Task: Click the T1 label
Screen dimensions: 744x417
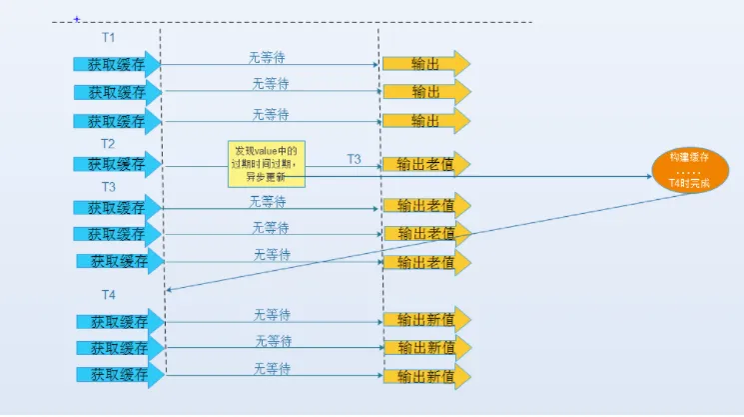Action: tap(108, 38)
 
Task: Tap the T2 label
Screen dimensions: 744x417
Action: tap(108, 144)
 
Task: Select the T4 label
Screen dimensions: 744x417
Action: tap(108, 295)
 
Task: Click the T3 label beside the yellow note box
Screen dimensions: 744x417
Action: tap(354, 159)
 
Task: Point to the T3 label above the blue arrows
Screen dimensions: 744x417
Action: tap(108, 187)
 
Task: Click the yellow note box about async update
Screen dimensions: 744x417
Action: tap(267, 164)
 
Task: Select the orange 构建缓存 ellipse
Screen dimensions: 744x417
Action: tap(690, 170)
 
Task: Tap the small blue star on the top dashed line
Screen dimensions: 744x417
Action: tap(77, 19)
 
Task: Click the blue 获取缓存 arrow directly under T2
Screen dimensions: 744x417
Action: tap(117, 164)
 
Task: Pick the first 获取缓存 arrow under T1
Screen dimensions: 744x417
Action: tap(117, 64)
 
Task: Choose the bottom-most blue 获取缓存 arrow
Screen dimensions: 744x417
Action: tap(121, 375)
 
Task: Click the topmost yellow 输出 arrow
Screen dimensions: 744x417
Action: tap(426, 64)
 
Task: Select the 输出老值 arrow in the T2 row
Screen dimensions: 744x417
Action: tap(426, 164)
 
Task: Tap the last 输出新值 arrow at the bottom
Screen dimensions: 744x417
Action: tap(427, 377)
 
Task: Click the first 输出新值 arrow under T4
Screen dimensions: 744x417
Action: tap(427, 320)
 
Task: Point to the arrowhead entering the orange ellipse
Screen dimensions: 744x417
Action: tap(649, 176)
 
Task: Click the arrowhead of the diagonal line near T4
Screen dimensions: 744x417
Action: tap(169, 289)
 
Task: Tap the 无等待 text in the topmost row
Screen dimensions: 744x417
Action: tap(267, 57)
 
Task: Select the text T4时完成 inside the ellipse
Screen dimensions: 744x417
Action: tap(689, 183)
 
